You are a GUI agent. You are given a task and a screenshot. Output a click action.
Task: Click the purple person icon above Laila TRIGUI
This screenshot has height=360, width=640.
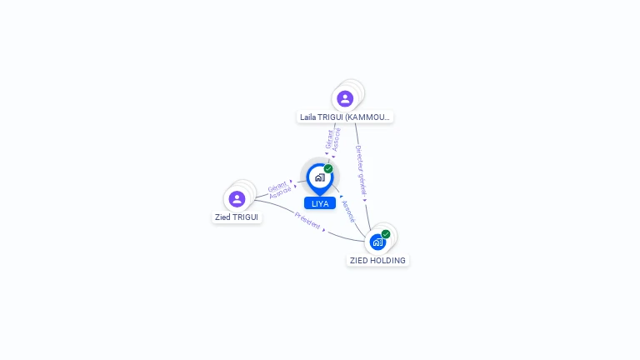point(345,98)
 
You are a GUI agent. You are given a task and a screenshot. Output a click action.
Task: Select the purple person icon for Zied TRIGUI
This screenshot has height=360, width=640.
point(237,198)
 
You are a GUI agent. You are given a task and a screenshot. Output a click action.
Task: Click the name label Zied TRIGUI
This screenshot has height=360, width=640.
point(237,217)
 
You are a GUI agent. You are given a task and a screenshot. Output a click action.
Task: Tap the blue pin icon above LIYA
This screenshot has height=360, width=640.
point(319,177)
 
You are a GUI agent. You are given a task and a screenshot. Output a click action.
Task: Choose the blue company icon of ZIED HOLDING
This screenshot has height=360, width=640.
point(377,242)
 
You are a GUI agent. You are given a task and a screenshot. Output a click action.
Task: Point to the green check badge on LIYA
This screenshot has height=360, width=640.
point(328,168)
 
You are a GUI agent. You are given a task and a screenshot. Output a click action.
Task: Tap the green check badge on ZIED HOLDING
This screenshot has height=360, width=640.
point(386,234)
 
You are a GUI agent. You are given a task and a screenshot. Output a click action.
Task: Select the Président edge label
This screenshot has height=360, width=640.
point(307,221)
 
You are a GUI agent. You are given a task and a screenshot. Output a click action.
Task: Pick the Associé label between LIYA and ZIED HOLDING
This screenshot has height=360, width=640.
point(348,209)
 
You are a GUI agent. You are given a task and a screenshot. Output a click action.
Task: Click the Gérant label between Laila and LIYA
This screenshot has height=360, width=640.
point(329,139)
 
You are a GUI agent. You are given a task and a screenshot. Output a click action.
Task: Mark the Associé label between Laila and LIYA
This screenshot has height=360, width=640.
point(337,139)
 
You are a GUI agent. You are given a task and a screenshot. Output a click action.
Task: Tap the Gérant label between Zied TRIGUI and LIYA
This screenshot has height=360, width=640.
point(277,185)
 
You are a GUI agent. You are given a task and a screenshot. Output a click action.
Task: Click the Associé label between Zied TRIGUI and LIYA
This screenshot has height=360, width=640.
point(280,192)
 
